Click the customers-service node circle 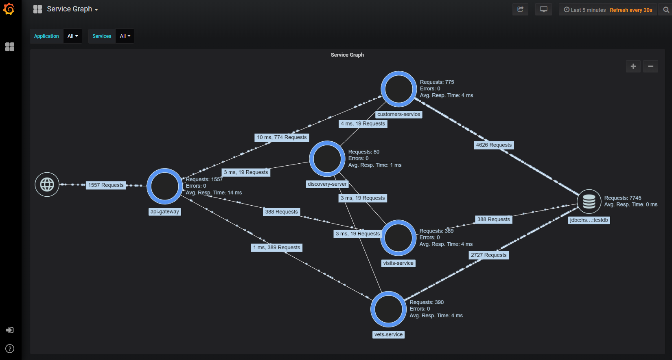click(398, 89)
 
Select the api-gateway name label click(165, 212)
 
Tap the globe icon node click(47, 184)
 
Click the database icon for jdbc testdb click(589, 201)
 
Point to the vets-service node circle click(388, 309)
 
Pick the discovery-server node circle click(327, 159)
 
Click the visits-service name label click(398, 263)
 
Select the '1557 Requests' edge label click(106, 185)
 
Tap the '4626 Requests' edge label click(494, 145)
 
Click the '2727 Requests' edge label click(489, 255)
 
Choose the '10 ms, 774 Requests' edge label click(282, 138)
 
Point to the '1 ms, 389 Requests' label click(277, 248)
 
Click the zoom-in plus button click(633, 66)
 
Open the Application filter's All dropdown click(73, 36)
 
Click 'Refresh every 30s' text click(631, 10)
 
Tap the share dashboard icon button click(520, 9)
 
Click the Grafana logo click(9, 9)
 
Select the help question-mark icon click(10, 349)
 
